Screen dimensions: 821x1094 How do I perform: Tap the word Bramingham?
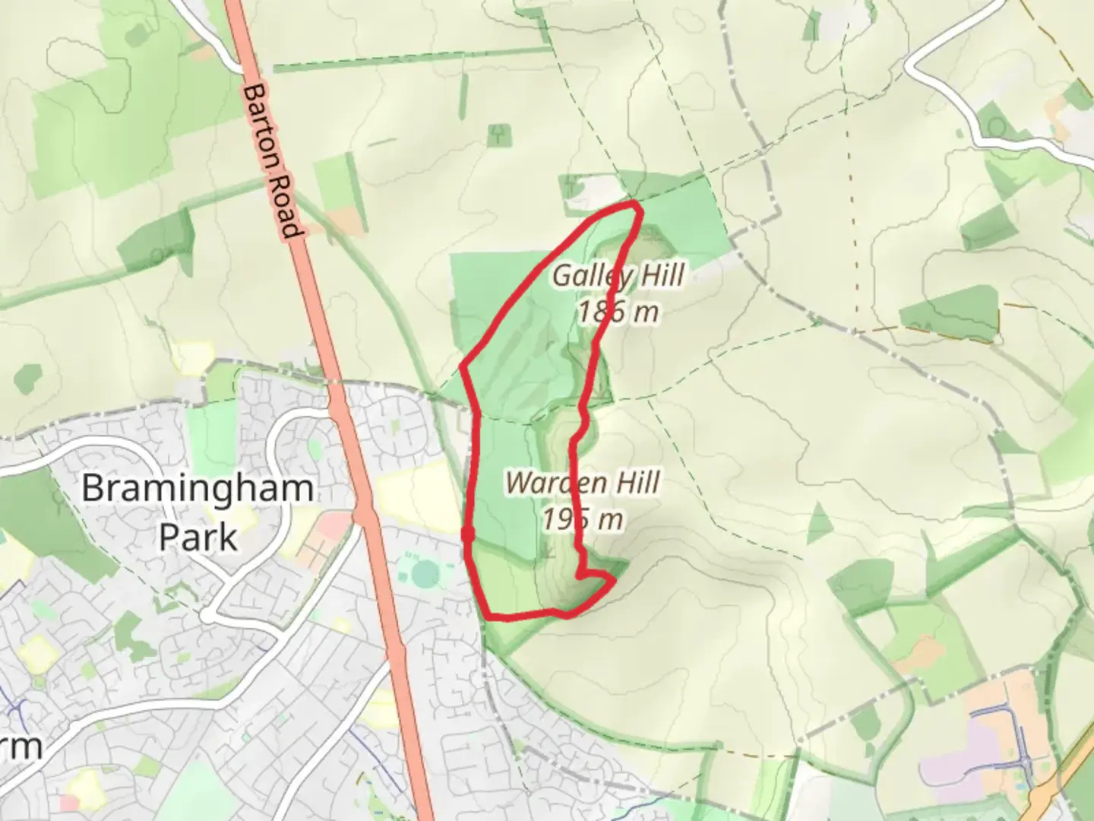(x=198, y=488)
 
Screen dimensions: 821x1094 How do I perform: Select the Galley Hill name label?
(x=618, y=275)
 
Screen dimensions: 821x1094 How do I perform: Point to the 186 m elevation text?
(x=618, y=312)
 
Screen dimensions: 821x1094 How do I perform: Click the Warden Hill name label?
(x=582, y=483)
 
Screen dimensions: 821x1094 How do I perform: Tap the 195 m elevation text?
(x=583, y=519)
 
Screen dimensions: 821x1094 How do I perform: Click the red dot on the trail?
(x=468, y=534)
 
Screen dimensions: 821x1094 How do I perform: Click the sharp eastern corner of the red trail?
(x=613, y=581)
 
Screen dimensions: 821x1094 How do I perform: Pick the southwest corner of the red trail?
(x=486, y=616)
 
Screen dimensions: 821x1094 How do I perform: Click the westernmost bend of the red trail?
(x=463, y=367)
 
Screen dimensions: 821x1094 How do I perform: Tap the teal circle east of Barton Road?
(x=425, y=571)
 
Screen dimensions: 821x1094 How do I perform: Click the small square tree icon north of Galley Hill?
(x=499, y=135)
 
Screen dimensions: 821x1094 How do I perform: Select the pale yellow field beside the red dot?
(x=414, y=494)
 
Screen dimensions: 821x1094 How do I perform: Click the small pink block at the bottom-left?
(x=69, y=803)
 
